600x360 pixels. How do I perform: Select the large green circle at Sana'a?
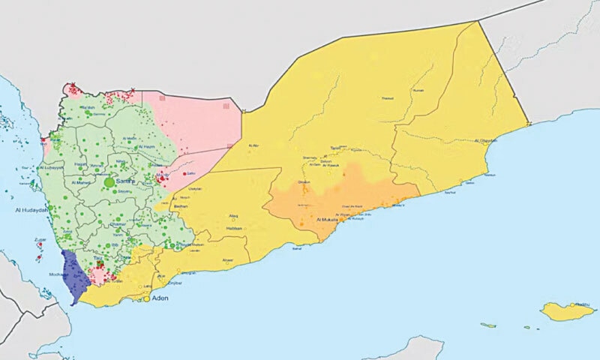[x=109, y=182]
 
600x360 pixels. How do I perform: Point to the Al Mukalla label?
[x=329, y=220]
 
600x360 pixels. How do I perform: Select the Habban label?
[x=234, y=228]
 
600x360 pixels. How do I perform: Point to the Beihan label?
[x=180, y=204]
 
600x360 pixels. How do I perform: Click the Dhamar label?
[x=117, y=223]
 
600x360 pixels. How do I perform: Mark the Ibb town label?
[x=113, y=244]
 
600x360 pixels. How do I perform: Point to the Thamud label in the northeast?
[x=387, y=98]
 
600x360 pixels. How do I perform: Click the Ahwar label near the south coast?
[x=228, y=260]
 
